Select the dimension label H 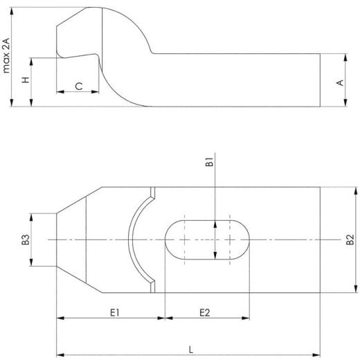point(26,80)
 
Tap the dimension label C point(79,86)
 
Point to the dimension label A point(339,82)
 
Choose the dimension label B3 point(25,240)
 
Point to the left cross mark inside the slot point(185,240)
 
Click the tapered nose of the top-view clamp point(69,240)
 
